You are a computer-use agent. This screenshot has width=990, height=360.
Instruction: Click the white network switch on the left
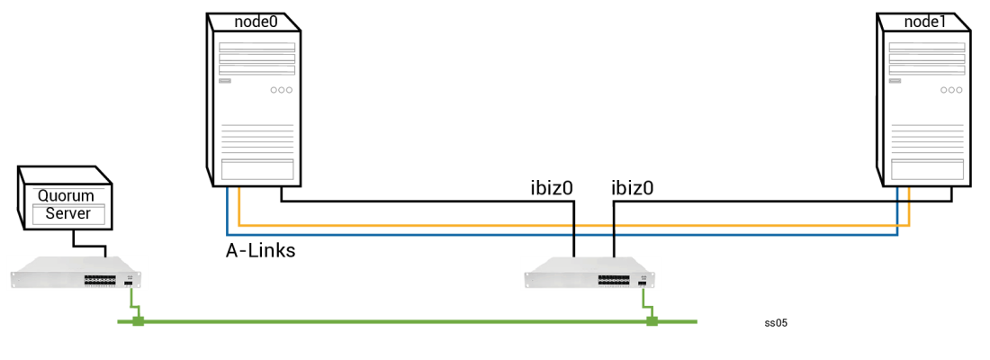point(76,273)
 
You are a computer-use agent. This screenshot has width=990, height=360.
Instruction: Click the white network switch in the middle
point(591,273)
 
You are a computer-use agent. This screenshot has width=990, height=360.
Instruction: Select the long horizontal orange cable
point(567,225)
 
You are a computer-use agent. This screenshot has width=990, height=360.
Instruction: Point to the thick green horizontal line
point(405,321)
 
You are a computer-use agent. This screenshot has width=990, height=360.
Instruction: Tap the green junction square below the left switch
point(139,321)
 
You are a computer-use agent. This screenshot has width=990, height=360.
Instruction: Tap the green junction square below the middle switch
point(652,321)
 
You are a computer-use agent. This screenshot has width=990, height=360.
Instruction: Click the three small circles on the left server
point(282,90)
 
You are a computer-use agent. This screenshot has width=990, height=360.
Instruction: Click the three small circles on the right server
point(951,90)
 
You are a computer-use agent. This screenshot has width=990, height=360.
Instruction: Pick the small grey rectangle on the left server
point(225,81)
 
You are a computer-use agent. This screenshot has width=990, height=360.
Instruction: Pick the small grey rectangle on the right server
point(895,81)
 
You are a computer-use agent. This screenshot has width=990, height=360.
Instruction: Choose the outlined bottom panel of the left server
point(257,169)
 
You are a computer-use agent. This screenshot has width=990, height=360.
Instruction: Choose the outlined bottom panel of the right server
point(927,169)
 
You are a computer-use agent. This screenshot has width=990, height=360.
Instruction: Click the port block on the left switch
point(100,281)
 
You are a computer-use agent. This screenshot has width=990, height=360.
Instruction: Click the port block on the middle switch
point(615,281)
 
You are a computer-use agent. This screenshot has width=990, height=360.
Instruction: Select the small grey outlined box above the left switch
point(68,214)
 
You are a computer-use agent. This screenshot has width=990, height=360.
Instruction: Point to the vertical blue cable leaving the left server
point(227,211)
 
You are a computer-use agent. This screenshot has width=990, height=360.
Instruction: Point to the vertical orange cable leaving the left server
point(238,206)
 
